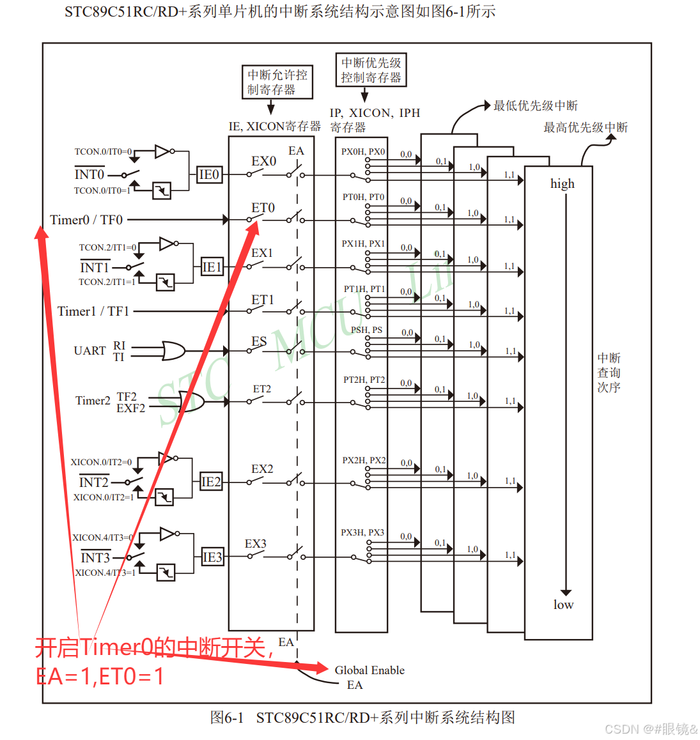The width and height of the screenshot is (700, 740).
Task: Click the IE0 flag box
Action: pos(209,174)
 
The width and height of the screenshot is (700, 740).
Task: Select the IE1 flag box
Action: pos(212,267)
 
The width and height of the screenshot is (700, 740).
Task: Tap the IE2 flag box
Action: pos(211,482)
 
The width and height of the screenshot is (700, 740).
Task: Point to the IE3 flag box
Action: pos(212,557)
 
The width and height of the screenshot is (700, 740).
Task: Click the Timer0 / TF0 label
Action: pos(86,220)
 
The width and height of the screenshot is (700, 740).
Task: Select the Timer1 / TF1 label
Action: pos(93,311)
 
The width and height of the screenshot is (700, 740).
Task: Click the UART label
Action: pos(89,351)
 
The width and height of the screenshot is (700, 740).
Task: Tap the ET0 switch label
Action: pos(263,208)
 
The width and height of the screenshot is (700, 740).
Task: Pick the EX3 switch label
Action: pos(255,544)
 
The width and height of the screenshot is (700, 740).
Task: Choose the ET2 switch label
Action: pos(261,389)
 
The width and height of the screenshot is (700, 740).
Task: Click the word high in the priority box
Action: pos(563,184)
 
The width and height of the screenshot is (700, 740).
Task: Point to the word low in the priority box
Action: pos(563,605)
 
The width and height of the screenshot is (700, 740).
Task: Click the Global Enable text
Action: pos(369,670)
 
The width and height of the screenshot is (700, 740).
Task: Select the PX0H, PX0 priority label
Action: pos(362,151)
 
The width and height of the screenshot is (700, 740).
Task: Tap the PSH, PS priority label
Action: pos(366,330)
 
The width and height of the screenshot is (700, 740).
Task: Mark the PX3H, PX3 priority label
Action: pos(362,532)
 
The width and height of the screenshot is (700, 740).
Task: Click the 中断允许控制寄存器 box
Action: pos(277,82)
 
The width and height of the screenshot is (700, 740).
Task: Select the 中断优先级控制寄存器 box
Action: pos(371,70)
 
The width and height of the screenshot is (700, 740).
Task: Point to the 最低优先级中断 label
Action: pos(535,105)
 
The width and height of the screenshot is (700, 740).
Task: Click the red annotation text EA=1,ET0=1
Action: pos(100,676)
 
